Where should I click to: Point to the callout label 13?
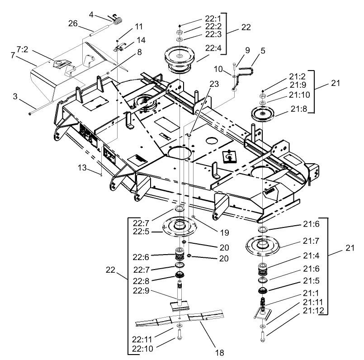point(81,168)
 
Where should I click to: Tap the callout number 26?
point(73,23)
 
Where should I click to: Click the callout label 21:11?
point(313,301)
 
